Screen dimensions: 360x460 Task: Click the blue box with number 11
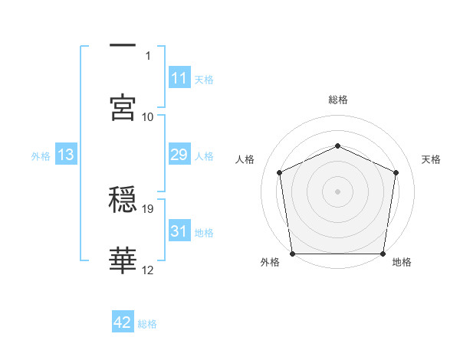(x=179, y=78)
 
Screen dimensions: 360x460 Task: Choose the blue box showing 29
(x=179, y=155)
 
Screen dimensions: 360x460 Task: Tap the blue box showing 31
(x=179, y=231)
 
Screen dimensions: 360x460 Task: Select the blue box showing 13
(x=66, y=155)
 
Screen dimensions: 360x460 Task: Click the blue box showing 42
(x=123, y=322)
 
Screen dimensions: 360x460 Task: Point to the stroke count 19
(x=149, y=208)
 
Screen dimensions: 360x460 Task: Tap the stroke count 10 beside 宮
(x=149, y=116)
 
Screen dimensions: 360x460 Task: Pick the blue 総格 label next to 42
(x=148, y=324)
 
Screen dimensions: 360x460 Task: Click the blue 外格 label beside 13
(x=41, y=156)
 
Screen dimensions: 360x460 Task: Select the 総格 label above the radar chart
(x=337, y=100)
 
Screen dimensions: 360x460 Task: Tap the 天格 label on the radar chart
(x=431, y=159)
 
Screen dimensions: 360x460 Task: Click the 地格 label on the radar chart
(x=402, y=262)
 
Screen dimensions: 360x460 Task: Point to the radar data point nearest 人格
(x=280, y=172)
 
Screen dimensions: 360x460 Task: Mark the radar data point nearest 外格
(x=292, y=254)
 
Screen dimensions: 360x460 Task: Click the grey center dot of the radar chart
(x=337, y=191)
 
